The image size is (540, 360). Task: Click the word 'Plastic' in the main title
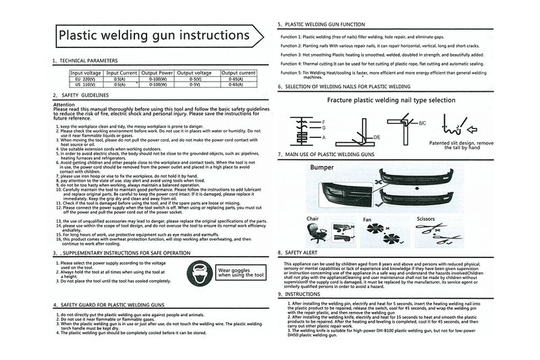click(80, 34)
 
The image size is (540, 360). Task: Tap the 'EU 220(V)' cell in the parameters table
click(86, 78)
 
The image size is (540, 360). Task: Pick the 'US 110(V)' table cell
click(86, 84)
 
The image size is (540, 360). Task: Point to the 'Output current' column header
click(238, 72)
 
